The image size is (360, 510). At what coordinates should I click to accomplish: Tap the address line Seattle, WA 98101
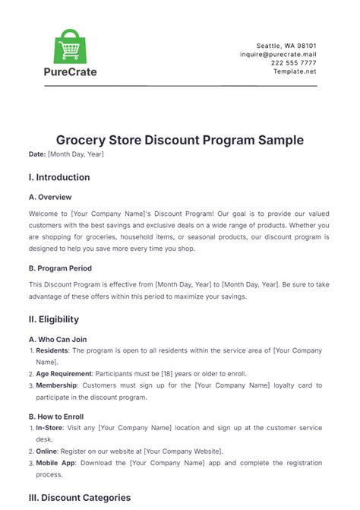288,45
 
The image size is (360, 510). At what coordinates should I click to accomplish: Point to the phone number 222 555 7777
293,63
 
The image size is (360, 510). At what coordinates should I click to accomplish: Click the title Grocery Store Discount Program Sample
180,140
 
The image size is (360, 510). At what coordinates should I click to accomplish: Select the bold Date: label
36,154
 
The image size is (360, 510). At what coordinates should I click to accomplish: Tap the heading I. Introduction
59,178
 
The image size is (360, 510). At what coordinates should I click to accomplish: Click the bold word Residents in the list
53,351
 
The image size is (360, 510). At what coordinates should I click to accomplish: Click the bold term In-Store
51,429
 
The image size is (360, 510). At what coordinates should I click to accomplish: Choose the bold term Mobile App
57,463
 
